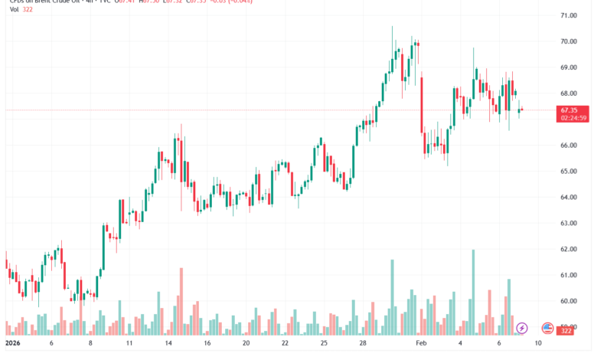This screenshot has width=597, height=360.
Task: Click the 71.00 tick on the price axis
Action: tap(567, 15)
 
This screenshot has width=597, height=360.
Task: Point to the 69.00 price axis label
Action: tap(567, 67)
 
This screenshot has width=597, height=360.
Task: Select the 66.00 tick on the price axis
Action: tap(567, 146)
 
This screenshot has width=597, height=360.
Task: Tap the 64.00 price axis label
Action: tap(567, 198)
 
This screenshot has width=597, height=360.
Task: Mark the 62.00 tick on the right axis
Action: tap(567, 250)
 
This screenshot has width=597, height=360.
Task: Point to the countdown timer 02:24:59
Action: tap(573, 118)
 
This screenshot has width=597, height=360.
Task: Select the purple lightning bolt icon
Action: tap(522, 328)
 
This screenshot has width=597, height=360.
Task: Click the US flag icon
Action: tap(547, 328)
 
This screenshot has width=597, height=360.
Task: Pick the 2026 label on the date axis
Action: tap(15, 344)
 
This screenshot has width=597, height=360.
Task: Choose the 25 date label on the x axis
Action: tap(325, 344)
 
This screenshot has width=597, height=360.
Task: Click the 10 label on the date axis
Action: tap(539, 344)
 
